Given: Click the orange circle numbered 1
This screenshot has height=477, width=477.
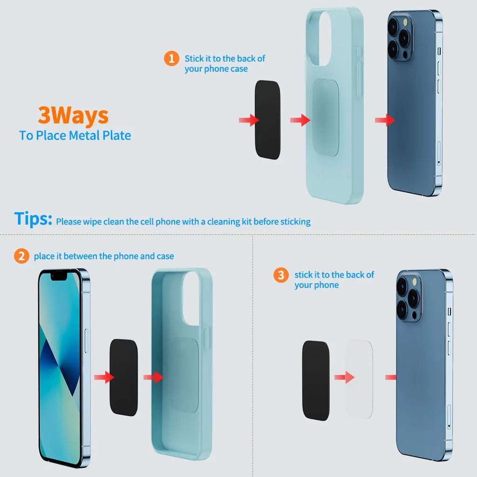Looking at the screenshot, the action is point(171,58).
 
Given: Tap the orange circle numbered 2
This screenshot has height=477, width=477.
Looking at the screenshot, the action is point(21,256).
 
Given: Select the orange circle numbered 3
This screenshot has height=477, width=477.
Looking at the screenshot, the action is point(281,275).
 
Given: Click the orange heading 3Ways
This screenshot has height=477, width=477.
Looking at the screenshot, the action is point(73,116).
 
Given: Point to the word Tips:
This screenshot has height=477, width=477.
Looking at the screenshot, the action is point(33,218).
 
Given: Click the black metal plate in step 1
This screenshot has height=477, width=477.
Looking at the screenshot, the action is point(267,120).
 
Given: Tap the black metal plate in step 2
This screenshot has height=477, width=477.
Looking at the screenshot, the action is point(123,377).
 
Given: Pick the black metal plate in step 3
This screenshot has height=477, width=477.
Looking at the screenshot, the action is point(316,381).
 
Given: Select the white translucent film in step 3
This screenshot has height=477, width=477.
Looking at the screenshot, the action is point(360,379).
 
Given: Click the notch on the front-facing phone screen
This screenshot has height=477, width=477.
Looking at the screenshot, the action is point(59,276).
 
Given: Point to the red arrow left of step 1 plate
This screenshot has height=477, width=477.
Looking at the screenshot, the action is point(249,120).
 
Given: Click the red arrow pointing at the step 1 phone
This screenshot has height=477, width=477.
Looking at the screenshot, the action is point(385,120).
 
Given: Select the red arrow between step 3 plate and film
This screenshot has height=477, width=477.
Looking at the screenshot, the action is point(344,377).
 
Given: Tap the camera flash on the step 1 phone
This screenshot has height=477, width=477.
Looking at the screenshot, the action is point(405,22).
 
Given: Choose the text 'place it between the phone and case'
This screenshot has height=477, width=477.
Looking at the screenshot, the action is point(104,256).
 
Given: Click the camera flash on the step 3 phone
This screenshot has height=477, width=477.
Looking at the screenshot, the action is point(414,282).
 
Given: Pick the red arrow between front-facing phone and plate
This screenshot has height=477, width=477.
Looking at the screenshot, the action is point(104,377).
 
